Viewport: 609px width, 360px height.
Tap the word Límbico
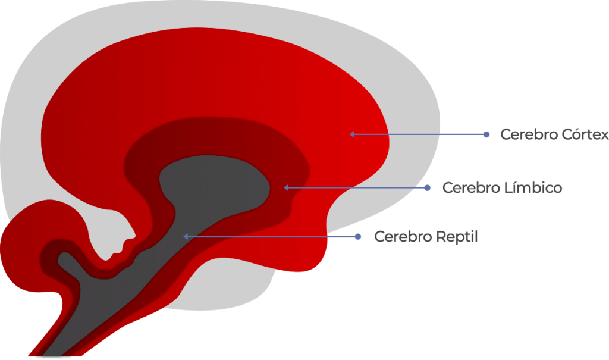(x=533, y=188)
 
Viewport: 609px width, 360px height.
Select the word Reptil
(x=457, y=237)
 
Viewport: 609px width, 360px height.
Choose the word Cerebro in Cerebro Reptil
(x=403, y=237)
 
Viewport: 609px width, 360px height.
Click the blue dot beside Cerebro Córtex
(x=486, y=134)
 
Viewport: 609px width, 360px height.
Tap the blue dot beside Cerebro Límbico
(x=427, y=188)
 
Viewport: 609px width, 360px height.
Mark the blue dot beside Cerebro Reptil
(x=358, y=237)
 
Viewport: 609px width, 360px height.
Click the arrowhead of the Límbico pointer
(x=286, y=188)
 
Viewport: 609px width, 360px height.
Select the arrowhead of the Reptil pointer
(x=186, y=236)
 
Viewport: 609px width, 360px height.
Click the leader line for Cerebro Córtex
(x=419, y=134)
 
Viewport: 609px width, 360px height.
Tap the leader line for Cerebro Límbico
(x=357, y=188)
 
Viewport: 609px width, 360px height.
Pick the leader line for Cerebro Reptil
(x=272, y=237)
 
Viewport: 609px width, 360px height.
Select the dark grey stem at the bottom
(x=97, y=303)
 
